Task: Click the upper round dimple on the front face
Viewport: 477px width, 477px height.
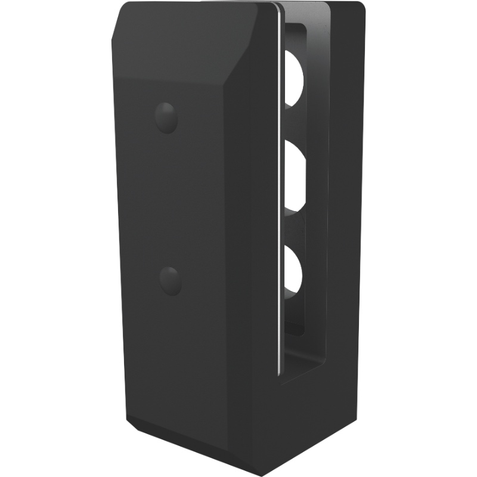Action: pyautogui.click(x=166, y=117)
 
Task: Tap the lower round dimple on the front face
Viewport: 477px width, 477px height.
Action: pyautogui.click(x=171, y=280)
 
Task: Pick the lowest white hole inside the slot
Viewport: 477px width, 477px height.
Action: pyautogui.click(x=294, y=271)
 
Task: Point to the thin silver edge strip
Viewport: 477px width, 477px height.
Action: pyautogui.click(x=280, y=179)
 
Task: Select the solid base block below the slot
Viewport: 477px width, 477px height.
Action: pyautogui.click(x=310, y=417)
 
